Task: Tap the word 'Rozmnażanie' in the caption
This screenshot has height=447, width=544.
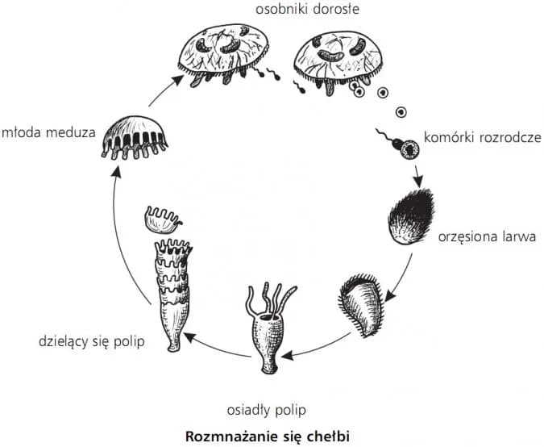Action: click(x=227, y=436)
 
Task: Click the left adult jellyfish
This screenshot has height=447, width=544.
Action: click(x=223, y=54)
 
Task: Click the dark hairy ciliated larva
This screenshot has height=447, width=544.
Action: click(x=413, y=217)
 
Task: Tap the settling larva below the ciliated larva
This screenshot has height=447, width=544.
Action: click(x=361, y=304)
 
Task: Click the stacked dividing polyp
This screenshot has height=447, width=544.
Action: click(x=172, y=294)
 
